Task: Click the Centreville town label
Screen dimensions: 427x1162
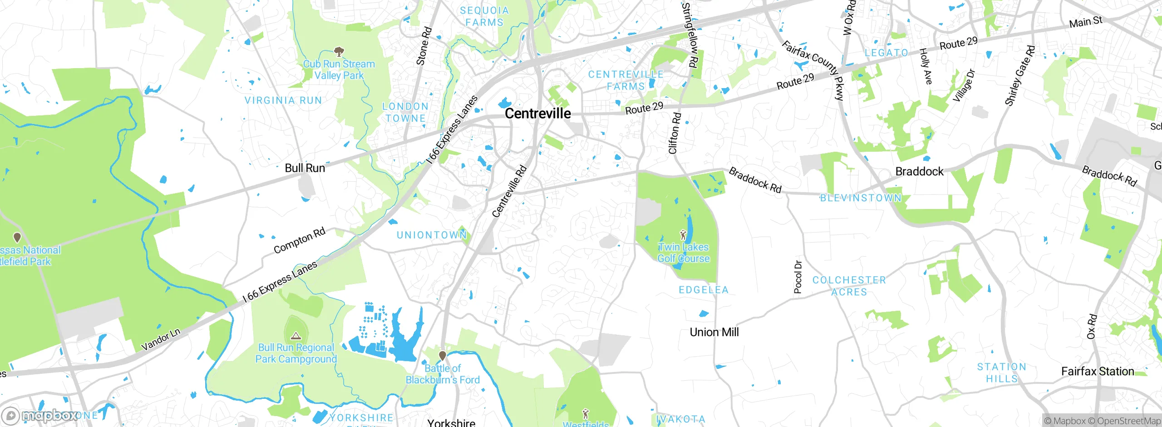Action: click(x=538, y=114)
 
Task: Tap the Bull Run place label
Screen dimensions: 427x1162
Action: click(x=305, y=168)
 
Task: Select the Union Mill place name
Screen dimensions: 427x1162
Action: click(x=714, y=332)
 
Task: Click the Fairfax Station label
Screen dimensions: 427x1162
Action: click(x=1097, y=371)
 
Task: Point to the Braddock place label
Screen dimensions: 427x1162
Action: click(x=919, y=171)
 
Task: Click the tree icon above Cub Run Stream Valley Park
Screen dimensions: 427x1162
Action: click(x=338, y=51)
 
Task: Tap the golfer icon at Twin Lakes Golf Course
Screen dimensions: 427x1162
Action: click(x=683, y=235)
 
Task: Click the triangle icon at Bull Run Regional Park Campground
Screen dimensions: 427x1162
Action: click(x=296, y=336)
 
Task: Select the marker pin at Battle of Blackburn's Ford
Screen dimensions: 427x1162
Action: click(x=443, y=355)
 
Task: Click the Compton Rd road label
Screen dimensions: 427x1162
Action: click(x=300, y=241)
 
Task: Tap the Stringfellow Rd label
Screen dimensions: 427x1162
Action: click(x=689, y=35)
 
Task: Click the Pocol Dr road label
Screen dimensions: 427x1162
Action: click(x=798, y=277)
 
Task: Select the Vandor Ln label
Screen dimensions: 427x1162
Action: click(x=161, y=339)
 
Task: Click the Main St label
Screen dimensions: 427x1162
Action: click(x=1085, y=22)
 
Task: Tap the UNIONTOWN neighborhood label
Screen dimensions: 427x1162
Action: click(x=432, y=235)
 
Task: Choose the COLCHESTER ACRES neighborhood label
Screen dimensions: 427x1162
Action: click(x=849, y=286)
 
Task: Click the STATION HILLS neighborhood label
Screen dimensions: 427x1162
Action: click(x=1001, y=372)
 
